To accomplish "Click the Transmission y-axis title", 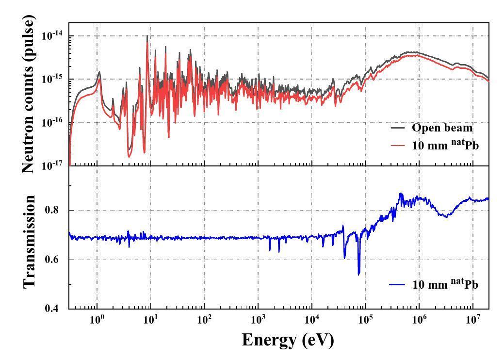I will pos(29,241).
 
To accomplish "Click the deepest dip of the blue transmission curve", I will pos(359,274).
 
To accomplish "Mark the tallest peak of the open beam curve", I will pos(147,36).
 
